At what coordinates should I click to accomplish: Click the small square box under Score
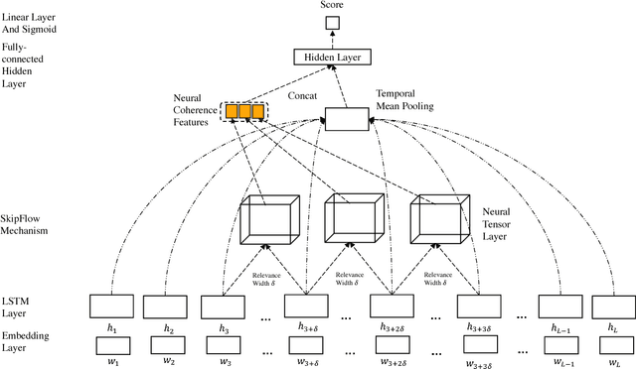point(331,24)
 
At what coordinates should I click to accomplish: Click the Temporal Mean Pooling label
point(405,99)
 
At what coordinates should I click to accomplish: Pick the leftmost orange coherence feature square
point(232,112)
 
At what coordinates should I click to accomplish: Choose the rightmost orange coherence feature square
point(258,112)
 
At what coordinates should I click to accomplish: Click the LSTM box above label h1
point(111,306)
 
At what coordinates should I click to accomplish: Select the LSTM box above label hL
point(612,306)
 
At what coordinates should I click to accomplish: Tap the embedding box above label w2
point(164,346)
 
